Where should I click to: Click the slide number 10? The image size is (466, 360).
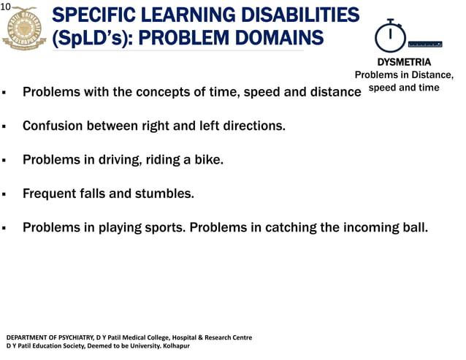coord(7,7)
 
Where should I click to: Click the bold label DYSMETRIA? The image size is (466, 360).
coord(404,63)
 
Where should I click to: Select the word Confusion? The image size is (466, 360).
coord(57,126)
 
